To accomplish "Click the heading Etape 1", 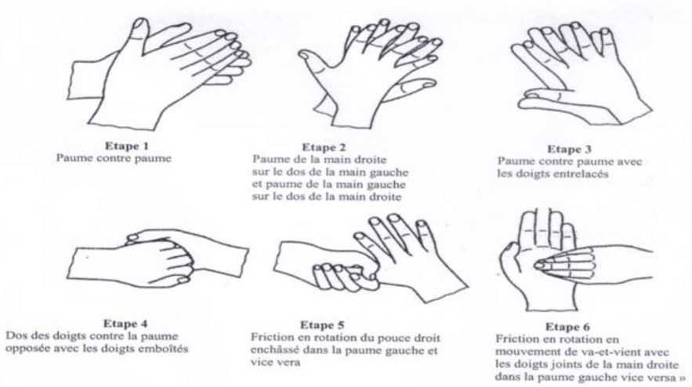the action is pos(127,146).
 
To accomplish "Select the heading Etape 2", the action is pos(324,147).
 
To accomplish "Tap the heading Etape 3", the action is pos(569,149).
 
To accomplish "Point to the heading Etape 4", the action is pos(125,324).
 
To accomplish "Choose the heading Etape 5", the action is pos(322,325).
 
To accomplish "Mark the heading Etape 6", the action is pos(567,327).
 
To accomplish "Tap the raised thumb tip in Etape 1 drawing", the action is pos(141,23).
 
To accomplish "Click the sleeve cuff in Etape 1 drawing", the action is pos(89,78).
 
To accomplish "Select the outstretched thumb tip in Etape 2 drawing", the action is pos(305,55).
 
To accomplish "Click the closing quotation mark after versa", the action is pos(682,378).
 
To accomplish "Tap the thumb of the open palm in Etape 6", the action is pos(508,256).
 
